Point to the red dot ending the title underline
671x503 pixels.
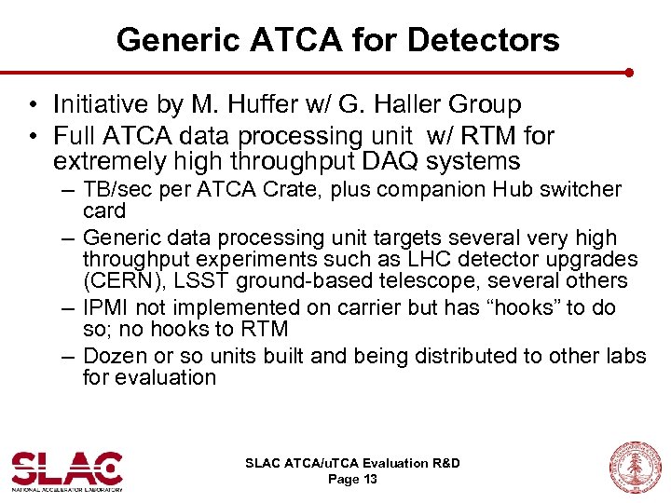point(630,72)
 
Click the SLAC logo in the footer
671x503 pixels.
point(67,469)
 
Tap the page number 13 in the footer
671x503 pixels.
point(368,479)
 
